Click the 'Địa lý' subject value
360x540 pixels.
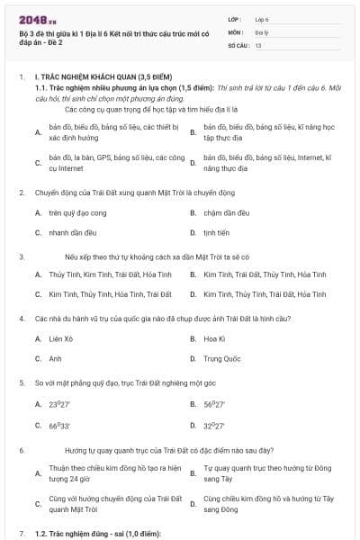click(262, 31)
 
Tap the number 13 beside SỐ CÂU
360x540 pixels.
click(258, 44)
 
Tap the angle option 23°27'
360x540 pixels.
click(60, 404)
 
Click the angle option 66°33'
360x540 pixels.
click(60, 423)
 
